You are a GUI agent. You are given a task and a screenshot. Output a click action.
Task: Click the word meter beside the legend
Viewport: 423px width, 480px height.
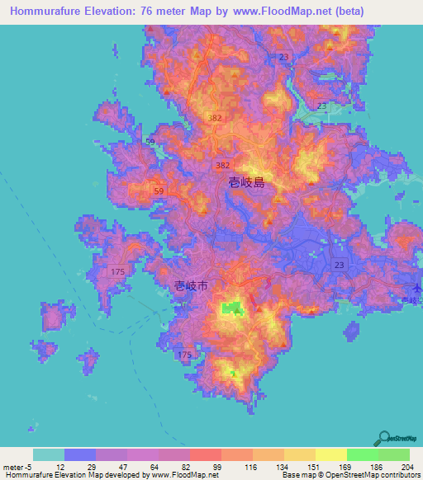[x=14, y=466]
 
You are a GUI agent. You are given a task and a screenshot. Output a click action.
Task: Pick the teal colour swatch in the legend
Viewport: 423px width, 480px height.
[x=49, y=454]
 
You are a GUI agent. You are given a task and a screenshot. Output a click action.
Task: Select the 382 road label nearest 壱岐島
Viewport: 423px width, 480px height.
[x=222, y=166]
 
